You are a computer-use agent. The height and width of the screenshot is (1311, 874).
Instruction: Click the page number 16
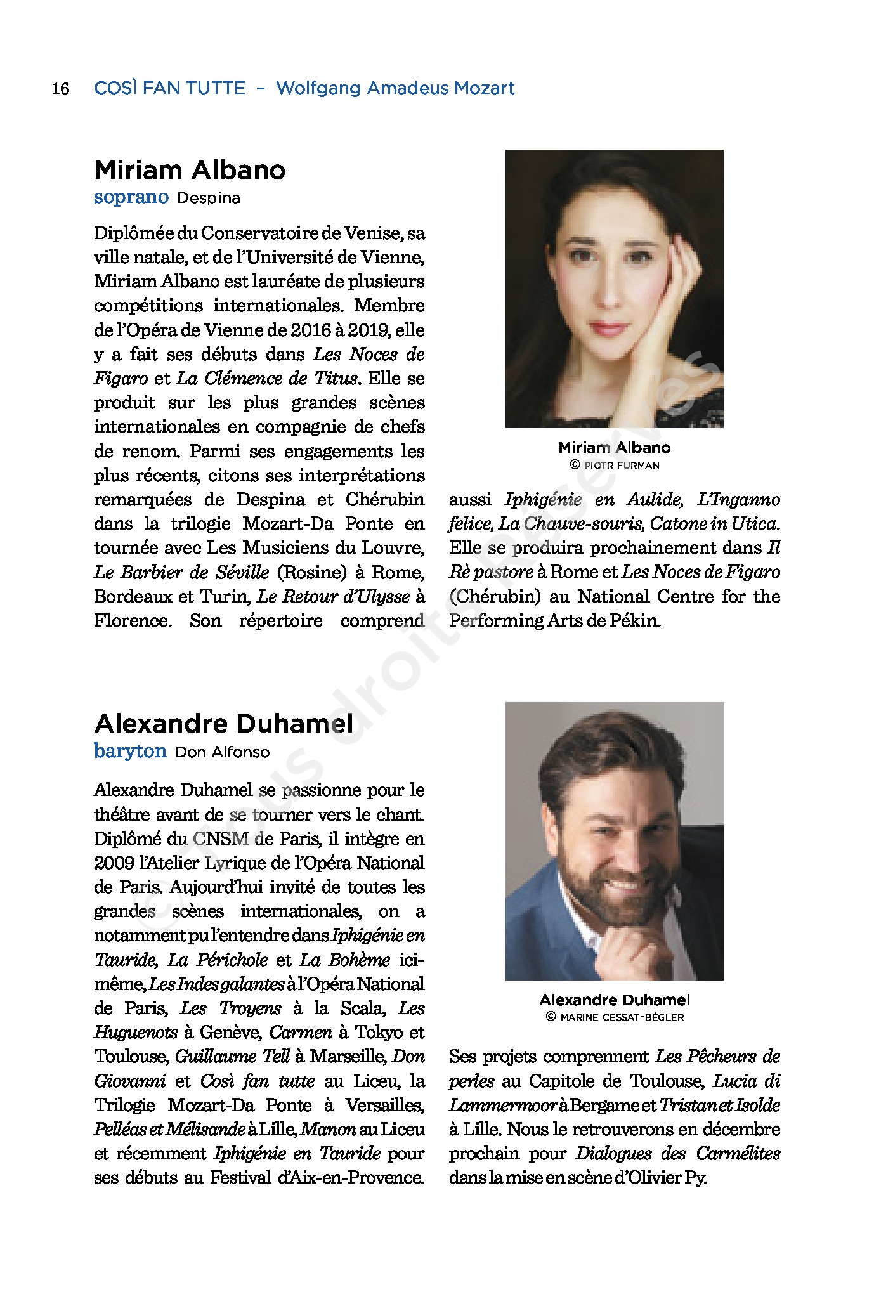[60, 88]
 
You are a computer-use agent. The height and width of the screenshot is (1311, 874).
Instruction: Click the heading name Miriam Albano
[190, 170]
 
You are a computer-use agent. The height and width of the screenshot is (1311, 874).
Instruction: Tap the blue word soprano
[131, 197]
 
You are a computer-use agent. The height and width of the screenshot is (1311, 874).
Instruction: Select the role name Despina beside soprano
[209, 199]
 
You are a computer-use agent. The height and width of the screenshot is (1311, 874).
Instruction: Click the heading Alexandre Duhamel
[224, 723]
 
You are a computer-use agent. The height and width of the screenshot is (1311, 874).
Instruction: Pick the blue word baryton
[130, 751]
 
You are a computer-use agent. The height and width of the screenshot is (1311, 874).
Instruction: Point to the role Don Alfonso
[223, 752]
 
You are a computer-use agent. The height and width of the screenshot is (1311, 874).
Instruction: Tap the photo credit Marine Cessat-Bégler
[621, 1017]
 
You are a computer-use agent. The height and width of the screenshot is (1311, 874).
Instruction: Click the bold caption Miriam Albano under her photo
[614, 448]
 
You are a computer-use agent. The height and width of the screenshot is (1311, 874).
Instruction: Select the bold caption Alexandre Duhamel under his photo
[615, 1000]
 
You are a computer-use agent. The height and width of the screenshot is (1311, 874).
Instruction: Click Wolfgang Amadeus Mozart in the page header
[395, 88]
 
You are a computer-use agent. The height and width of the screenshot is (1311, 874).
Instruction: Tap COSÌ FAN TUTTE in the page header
[169, 88]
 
